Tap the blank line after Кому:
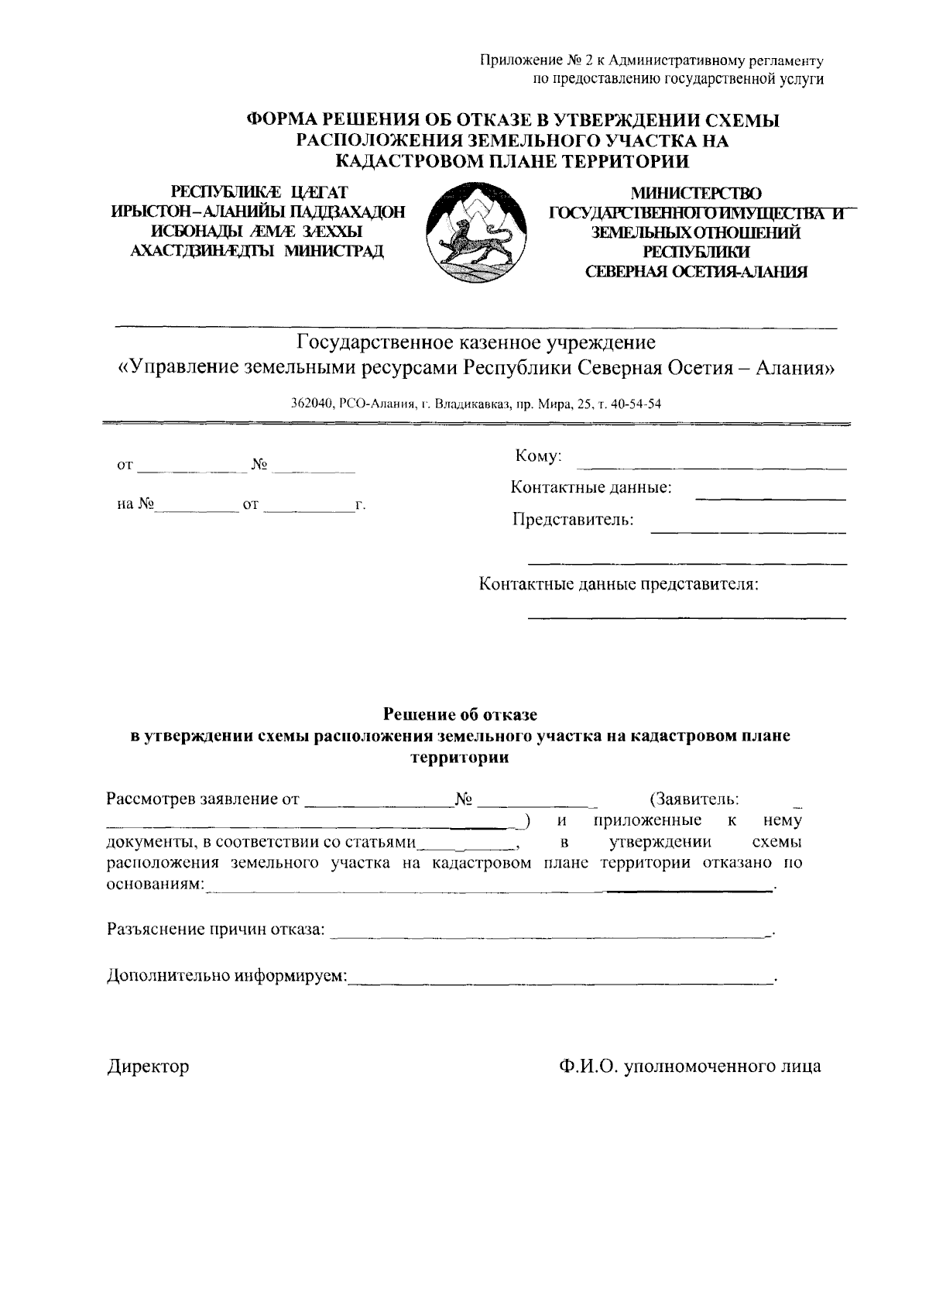click(713, 467)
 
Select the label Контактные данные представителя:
click(619, 584)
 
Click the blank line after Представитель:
click(748, 531)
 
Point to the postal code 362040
click(311, 404)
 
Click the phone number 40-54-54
click(639, 404)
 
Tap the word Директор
click(148, 1067)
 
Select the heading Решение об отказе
click(461, 714)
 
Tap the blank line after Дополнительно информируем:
click(560, 982)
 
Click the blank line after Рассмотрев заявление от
click(377, 804)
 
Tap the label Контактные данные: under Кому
click(591, 488)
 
